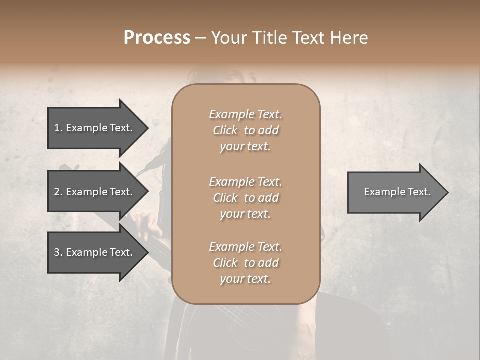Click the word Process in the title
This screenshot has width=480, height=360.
coord(157,38)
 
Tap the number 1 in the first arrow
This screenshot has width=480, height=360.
coord(57,128)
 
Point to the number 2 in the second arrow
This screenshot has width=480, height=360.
coord(57,192)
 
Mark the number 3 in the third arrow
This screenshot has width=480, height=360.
coord(57,252)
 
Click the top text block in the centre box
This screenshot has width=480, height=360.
coord(245,130)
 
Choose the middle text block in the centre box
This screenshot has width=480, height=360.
coord(245,198)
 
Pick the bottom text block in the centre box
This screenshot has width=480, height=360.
coord(245,263)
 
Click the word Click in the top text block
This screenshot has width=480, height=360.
coord(225,130)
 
